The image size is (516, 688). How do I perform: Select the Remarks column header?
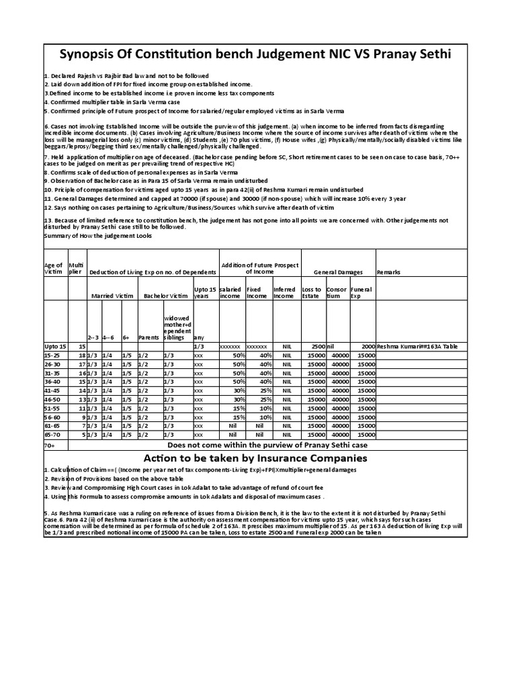pos(389,272)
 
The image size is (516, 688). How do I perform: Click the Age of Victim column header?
pos(54,269)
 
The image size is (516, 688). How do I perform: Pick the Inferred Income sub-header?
pos(284,292)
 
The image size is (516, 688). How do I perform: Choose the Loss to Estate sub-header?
pos(312,292)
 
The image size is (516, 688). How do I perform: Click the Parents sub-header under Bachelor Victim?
pos(148,337)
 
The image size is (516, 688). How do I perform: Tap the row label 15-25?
pos(52,354)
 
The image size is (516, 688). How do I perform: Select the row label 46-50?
pos(52,399)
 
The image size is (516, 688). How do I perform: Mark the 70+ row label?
pos(50,445)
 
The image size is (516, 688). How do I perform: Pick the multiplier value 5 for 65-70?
pos(83,435)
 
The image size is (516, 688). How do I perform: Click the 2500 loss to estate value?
pos(317,345)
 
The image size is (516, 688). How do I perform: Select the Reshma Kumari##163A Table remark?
pos(417,345)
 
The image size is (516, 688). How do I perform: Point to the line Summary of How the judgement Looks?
pos(97,236)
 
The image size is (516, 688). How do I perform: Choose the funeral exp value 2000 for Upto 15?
pos(366,345)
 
